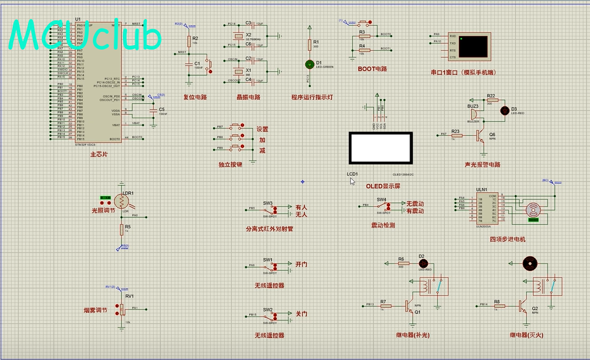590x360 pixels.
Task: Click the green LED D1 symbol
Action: pos(310,64)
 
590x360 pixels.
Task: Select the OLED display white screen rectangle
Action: pos(380,148)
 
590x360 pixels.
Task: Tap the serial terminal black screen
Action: pos(475,45)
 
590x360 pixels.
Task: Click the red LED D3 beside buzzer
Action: pos(505,109)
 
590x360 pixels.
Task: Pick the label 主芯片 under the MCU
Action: pos(99,154)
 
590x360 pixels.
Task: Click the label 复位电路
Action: pos(195,97)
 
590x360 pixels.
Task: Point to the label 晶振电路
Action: pos(248,97)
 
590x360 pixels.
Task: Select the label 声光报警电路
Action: pos(483,165)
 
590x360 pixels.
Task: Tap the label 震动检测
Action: pos(383,225)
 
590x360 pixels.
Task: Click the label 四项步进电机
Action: pos(507,239)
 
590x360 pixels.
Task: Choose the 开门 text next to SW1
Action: pos(301,264)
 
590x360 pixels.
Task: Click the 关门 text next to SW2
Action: pos(301,314)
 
